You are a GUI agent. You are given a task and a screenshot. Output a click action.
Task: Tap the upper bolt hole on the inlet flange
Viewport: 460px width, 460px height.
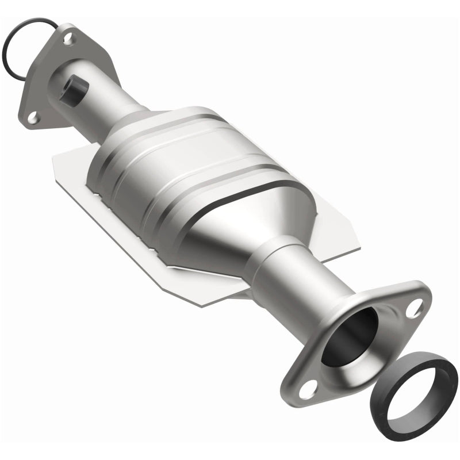point(68,40)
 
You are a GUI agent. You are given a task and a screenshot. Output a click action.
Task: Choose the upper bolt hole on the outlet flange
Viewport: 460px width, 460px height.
point(413,308)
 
